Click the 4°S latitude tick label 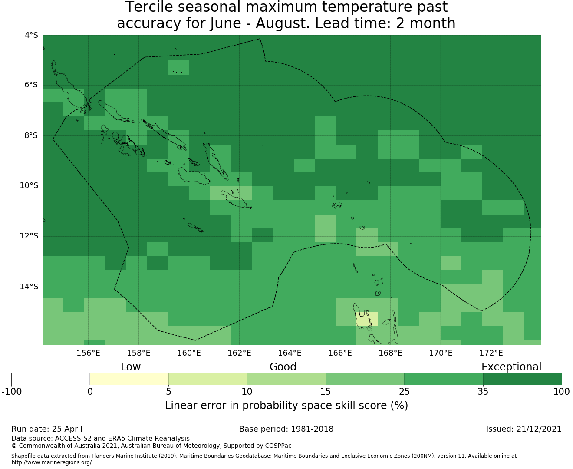point(31,35)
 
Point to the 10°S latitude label point(29,186)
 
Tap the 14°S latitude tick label point(29,287)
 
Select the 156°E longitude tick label point(88,353)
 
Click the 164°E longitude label point(290,353)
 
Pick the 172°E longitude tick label point(491,353)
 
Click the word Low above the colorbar point(131,367)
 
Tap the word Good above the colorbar point(283,367)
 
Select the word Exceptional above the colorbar point(511,367)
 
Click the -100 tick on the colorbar point(11,392)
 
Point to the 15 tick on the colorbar point(326,392)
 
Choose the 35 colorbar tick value point(483,392)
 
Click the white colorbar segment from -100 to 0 point(50,379)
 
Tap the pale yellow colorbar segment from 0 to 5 point(129,379)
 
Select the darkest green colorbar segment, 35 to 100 point(522,379)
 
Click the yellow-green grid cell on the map point(367,319)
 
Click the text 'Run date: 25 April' point(47,429)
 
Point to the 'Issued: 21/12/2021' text point(524,429)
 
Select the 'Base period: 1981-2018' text point(286,429)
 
